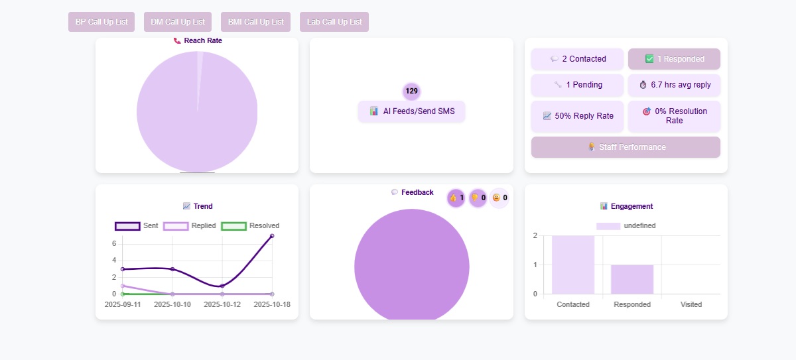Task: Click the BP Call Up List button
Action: (101, 22)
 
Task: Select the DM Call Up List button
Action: (178, 22)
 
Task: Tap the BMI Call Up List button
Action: (255, 22)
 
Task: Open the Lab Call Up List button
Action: (334, 22)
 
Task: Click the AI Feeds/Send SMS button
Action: (411, 111)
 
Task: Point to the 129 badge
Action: (411, 91)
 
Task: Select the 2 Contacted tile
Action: (577, 59)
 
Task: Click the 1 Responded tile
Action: (674, 59)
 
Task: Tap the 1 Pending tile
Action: (577, 85)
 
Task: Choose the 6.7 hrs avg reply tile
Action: (674, 85)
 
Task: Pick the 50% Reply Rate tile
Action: (577, 116)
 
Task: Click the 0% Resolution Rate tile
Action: (674, 116)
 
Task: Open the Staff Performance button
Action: (626, 147)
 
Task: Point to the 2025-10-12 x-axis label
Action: (222, 304)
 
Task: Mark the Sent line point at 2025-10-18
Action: (272, 236)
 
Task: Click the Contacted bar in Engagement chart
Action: (573, 265)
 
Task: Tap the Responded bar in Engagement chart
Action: (632, 279)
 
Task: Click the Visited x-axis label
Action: (691, 304)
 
